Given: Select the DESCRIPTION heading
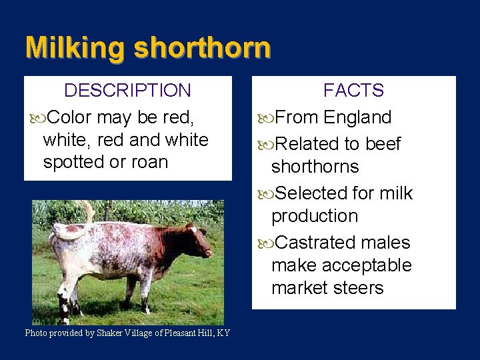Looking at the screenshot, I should click(127, 89).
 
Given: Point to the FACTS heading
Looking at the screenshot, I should click(353, 89).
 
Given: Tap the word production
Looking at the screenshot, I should click(315, 216).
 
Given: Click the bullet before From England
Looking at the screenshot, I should click(265, 118).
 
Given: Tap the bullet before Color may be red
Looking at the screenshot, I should click(37, 118).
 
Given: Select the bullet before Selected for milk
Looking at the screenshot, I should click(265, 194).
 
